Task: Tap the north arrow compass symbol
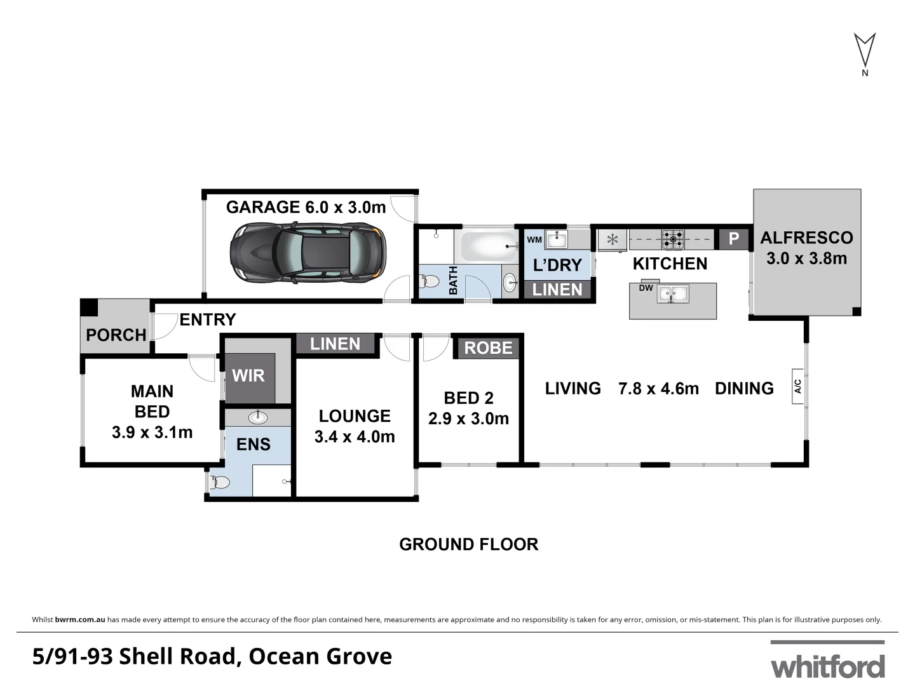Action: [x=864, y=51]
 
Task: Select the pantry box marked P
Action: [x=734, y=239]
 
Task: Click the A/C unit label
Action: [x=798, y=386]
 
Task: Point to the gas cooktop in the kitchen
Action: [x=674, y=239]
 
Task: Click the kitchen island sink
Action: [x=673, y=294]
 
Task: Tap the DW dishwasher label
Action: [x=646, y=288]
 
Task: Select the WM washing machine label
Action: [x=534, y=240]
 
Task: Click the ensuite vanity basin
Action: [x=258, y=417]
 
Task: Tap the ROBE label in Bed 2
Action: [x=488, y=348]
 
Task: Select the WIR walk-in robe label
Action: [x=248, y=375]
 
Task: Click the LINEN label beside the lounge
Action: [x=335, y=344]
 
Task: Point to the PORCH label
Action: [x=116, y=335]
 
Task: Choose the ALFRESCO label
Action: [x=806, y=238]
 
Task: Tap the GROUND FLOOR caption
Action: [x=468, y=544]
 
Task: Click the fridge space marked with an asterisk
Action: [x=613, y=240]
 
